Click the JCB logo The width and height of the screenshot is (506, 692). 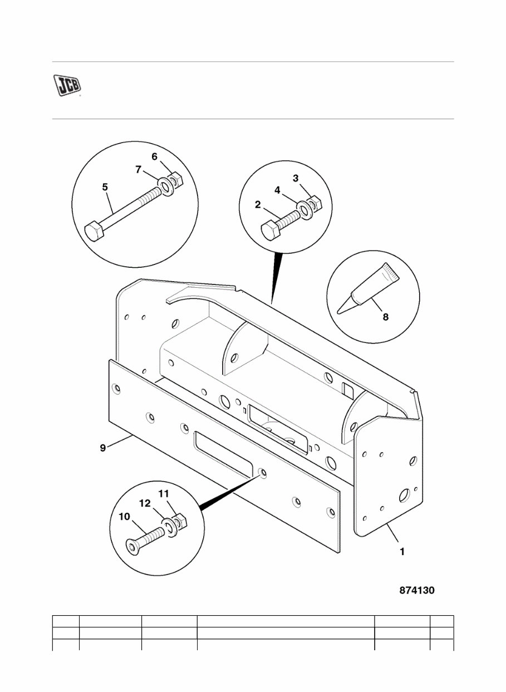(x=67, y=85)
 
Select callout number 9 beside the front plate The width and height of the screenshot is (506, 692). (x=102, y=448)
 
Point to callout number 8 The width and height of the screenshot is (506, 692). (x=385, y=317)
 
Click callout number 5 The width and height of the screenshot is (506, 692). (x=105, y=187)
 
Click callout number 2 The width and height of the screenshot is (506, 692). (x=258, y=204)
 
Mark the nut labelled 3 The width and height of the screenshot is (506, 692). (x=313, y=203)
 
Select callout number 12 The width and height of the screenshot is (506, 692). (x=145, y=503)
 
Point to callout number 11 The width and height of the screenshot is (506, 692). (x=164, y=493)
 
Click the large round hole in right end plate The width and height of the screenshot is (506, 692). (x=405, y=494)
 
